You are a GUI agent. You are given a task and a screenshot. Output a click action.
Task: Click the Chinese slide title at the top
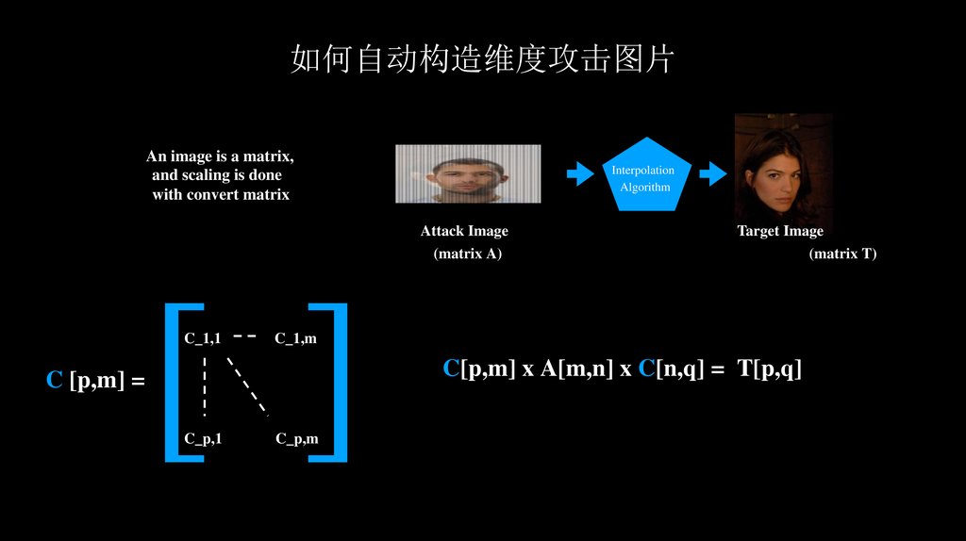click(x=482, y=59)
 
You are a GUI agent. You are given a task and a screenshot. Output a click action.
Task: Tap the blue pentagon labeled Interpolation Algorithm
click(x=646, y=175)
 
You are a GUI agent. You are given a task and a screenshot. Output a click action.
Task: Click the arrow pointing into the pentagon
click(x=579, y=173)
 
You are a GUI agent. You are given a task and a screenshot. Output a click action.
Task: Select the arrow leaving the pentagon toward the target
click(x=712, y=173)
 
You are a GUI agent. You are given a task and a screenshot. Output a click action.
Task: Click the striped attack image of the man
click(x=468, y=173)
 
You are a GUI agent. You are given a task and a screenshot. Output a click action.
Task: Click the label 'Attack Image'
click(x=464, y=231)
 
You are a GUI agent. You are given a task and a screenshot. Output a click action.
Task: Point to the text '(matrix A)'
click(x=467, y=254)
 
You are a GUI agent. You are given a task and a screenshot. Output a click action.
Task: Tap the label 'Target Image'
click(x=780, y=231)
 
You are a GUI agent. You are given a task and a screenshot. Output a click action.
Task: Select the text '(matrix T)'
click(x=842, y=254)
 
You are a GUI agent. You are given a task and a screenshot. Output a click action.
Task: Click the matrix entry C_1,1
click(x=203, y=337)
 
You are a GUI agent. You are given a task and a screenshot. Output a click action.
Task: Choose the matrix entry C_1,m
click(x=295, y=337)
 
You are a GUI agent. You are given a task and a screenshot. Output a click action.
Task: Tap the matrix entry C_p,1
click(x=203, y=438)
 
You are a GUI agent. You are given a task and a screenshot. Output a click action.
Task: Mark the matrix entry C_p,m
click(x=297, y=438)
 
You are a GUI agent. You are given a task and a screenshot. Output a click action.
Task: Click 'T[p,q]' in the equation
click(x=770, y=369)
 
